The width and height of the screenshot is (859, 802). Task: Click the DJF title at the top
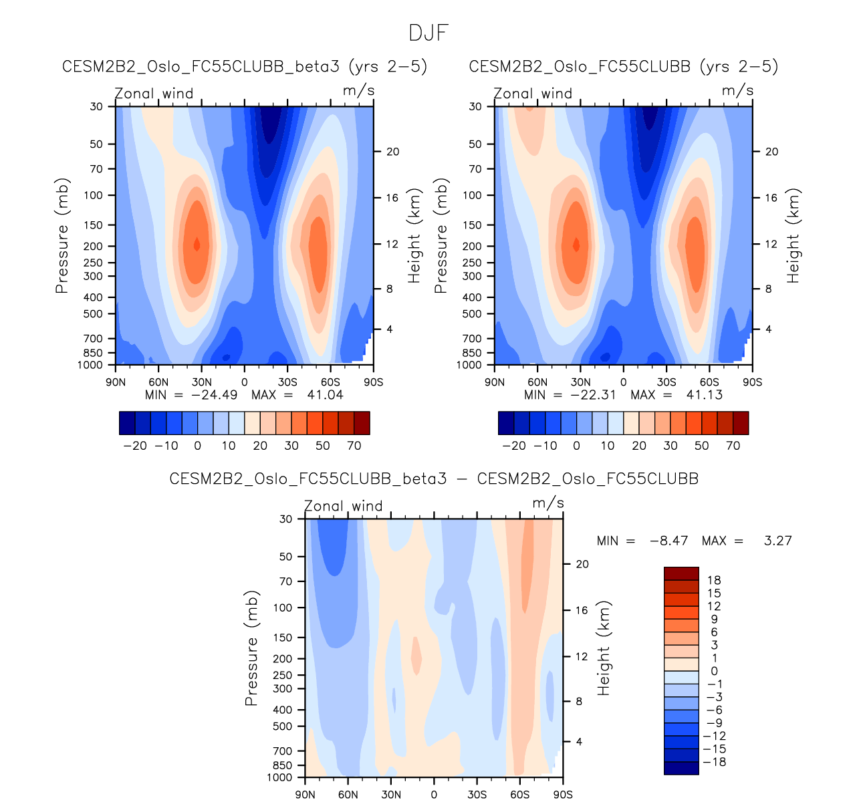point(428,33)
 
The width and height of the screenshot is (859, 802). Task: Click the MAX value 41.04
point(324,394)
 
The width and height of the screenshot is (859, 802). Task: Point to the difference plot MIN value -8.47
point(669,541)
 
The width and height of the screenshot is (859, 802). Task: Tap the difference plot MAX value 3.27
point(778,541)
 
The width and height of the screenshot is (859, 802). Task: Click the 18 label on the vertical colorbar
point(714,580)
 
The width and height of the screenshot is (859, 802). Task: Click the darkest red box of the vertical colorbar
point(681,573)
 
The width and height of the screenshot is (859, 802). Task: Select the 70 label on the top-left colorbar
point(354,446)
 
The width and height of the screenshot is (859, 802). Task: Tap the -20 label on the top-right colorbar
point(514,446)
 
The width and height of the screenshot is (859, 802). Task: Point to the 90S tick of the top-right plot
point(752,382)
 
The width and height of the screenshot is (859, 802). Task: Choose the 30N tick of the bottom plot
point(391,795)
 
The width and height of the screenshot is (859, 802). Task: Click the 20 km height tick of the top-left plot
point(392,152)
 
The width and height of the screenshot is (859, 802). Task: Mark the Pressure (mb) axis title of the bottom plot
point(251,648)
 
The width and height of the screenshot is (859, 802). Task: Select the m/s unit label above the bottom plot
point(548,503)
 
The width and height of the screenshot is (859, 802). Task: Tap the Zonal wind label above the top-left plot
point(154,94)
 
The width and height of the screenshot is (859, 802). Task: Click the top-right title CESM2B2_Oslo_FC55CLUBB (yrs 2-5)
point(623,67)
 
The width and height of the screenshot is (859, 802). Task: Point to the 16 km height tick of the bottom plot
point(582,610)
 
